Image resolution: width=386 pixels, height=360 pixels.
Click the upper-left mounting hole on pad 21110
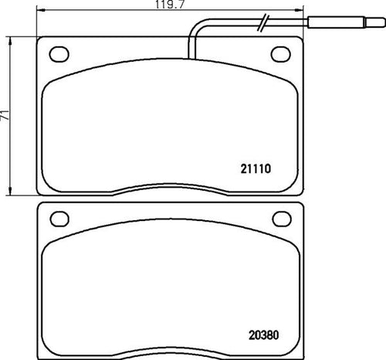tap(59, 54)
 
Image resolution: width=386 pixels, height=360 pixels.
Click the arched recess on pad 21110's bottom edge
tap(170, 188)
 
